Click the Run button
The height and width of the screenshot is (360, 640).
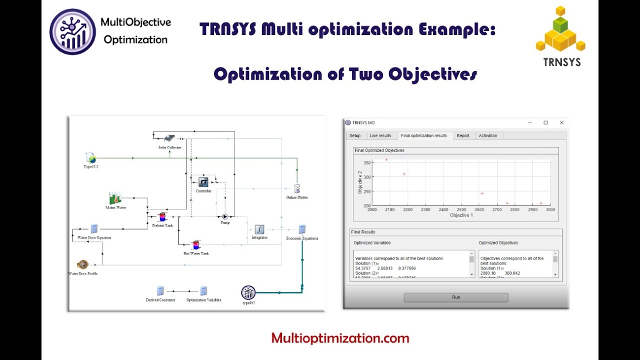coord(455,297)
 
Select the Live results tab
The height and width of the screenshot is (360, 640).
coord(380,135)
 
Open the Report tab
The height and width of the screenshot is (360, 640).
coord(463,135)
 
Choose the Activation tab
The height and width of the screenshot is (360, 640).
coord(488,135)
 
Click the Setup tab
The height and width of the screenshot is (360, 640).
coord(355,135)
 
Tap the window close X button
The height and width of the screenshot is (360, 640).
coord(561,122)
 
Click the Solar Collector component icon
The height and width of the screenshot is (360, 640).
coord(169,138)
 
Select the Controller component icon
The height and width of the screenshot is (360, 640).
coord(203,182)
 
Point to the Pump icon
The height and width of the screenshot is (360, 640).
coord(224,216)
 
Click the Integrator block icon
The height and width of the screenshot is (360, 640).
coord(259,229)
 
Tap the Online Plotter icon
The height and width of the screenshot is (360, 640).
coord(297,188)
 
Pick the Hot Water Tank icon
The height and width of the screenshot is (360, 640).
coord(195,245)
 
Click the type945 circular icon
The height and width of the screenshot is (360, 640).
coord(248,292)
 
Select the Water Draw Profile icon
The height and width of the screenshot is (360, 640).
coord(82,264)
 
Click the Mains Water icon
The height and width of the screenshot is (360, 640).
coord(115,198)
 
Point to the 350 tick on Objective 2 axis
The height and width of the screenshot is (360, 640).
coord(367,163)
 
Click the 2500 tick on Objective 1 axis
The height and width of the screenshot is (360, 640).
coord(461,210)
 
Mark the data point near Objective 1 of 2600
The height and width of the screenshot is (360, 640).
coord(482,193)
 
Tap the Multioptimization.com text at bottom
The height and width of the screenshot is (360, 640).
coord(340,338)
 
